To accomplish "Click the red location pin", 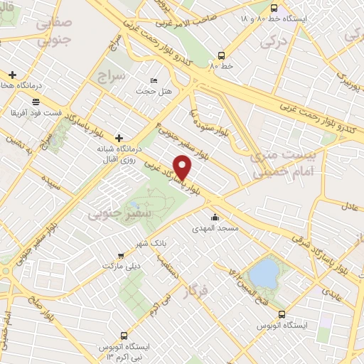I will [183, 167].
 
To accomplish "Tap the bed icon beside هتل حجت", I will [154, 80].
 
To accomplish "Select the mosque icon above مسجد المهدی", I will [215, 218].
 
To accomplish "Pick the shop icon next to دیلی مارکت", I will [121, 255].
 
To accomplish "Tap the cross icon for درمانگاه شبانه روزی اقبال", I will [118, 137].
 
